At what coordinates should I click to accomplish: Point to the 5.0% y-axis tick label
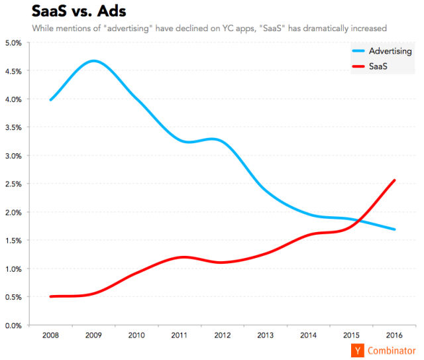pos(13,43)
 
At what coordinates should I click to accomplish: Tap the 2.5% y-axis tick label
pos(13,184)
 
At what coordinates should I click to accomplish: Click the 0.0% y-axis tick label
pos(13,326)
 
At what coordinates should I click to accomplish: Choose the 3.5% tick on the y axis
pos(13,128)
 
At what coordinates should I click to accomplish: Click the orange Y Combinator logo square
pos(358,350)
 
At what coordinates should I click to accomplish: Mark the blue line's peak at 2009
pos(93,61)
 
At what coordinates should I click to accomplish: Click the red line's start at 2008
pos(51,296)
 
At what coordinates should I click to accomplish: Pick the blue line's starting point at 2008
pos(51,99)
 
